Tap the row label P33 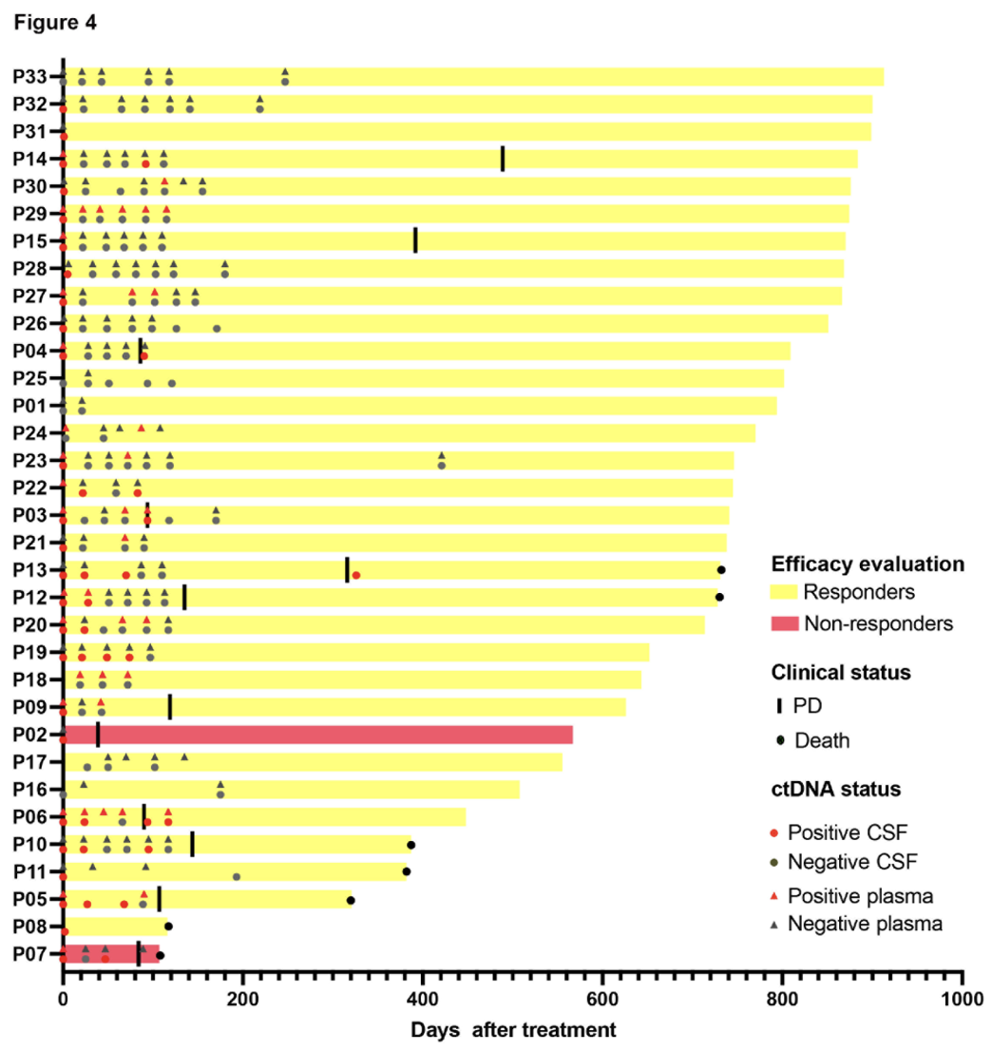tap(31, 77)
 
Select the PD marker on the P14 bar tap(503, 159)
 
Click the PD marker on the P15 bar tap(415, 240)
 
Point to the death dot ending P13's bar tap(721, 570)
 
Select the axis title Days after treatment tap(513, 1030)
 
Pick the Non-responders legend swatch tap(783, 623)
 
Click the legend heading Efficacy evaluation tap(868, 563)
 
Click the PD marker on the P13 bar tap(347, 569)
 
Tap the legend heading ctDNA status tap(835, 789)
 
